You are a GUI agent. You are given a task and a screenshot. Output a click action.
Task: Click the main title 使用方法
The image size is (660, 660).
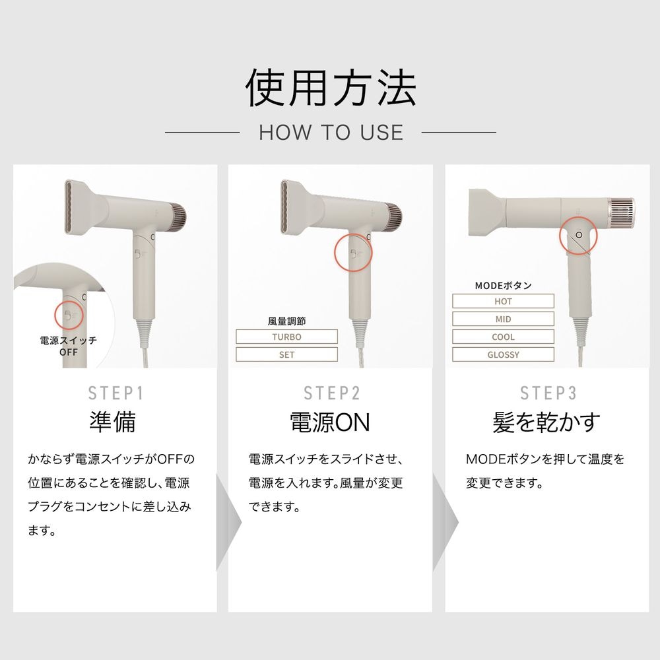pyautogui.click(x=331, y=88)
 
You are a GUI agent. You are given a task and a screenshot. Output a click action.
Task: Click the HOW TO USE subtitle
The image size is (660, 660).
pyautogui.click(x=331, y=133)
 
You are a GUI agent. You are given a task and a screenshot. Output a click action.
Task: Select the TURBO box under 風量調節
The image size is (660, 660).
pyautogui.click(x=286, y=337)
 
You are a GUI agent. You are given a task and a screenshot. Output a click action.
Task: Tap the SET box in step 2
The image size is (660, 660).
pyautogui.click(x=286, y=354)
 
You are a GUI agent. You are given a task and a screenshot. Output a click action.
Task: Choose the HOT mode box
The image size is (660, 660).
pyautogui.click(x=503, y=302)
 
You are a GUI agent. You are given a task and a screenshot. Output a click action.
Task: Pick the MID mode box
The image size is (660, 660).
pyautogui.click(x=503, y=319)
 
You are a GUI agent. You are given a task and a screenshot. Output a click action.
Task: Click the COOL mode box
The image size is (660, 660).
pyautogui.click(x=503, y=337)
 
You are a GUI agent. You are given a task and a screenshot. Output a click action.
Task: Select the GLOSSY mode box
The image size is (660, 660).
pyautogui.click(x=503, y=354)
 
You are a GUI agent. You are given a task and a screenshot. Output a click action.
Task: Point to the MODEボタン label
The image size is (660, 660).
pyautogui.click(x=503, y=285)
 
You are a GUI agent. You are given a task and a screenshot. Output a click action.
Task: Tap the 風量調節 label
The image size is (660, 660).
pyautogui.click(x=286, y=321)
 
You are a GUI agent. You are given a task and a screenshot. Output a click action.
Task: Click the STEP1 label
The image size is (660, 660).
pyautogui.click(x=115, y=393)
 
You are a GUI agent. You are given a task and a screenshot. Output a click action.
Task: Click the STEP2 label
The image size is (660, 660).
pyautogui.click(x=332, y=393)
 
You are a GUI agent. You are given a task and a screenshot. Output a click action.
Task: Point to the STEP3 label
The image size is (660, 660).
pyautogui.click(x=548, y=393)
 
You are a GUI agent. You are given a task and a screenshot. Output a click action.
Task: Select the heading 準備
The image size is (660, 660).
pyautogui.click(x=112, y=422)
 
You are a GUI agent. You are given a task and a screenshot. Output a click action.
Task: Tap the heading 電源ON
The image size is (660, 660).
pyautogui.click(x=330, y=422)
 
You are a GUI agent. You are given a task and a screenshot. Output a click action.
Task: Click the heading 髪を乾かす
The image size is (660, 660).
pyautogui.click(x=546, y=422)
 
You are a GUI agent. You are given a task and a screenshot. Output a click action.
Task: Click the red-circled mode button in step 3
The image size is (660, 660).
pyautogui.click(x=578, y=235)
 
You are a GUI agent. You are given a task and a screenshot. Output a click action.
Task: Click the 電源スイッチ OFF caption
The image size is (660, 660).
pyautogui.click(x=68, y=346)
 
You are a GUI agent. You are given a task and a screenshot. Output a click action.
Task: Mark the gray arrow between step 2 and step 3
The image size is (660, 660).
pyautogui.click(x=445, y=522)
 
